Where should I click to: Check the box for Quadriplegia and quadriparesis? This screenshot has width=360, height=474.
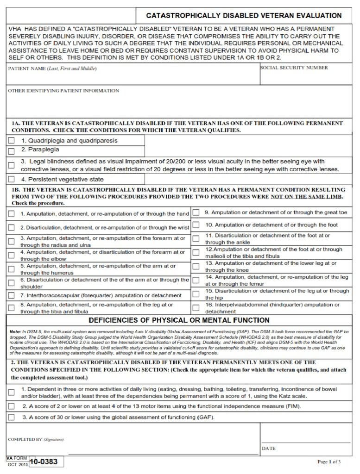[x=11, y=141]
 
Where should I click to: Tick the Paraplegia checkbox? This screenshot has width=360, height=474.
[x=11, y=151]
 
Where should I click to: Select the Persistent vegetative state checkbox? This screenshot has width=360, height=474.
[x=11, y=179]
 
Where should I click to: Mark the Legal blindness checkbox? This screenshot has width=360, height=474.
[x=11, y=165]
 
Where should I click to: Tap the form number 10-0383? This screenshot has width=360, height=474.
[x=44, y=462]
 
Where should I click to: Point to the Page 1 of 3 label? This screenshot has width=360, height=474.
[x=329, y=462]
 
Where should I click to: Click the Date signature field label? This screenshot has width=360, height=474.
[x=269, y=449]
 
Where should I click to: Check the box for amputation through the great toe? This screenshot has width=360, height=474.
[x=196, y=213]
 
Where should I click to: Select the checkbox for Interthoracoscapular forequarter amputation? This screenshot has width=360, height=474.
[x=11, y=295]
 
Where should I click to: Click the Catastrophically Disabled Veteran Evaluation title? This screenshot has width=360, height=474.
[x=244, y=15]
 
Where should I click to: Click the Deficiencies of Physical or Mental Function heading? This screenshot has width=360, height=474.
[x=179, y=320]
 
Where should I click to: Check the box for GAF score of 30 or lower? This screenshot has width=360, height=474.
[x=11, y=418]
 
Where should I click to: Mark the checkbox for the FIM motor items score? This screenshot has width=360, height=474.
[x=11, y=406]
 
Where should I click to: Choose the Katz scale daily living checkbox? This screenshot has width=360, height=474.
[x=11, y=393]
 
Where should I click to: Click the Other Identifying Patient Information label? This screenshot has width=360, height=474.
[x=63, y=91]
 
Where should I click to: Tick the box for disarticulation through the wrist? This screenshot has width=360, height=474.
[x=11, y=228]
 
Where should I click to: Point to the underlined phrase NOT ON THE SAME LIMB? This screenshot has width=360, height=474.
[x=306, y=196]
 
